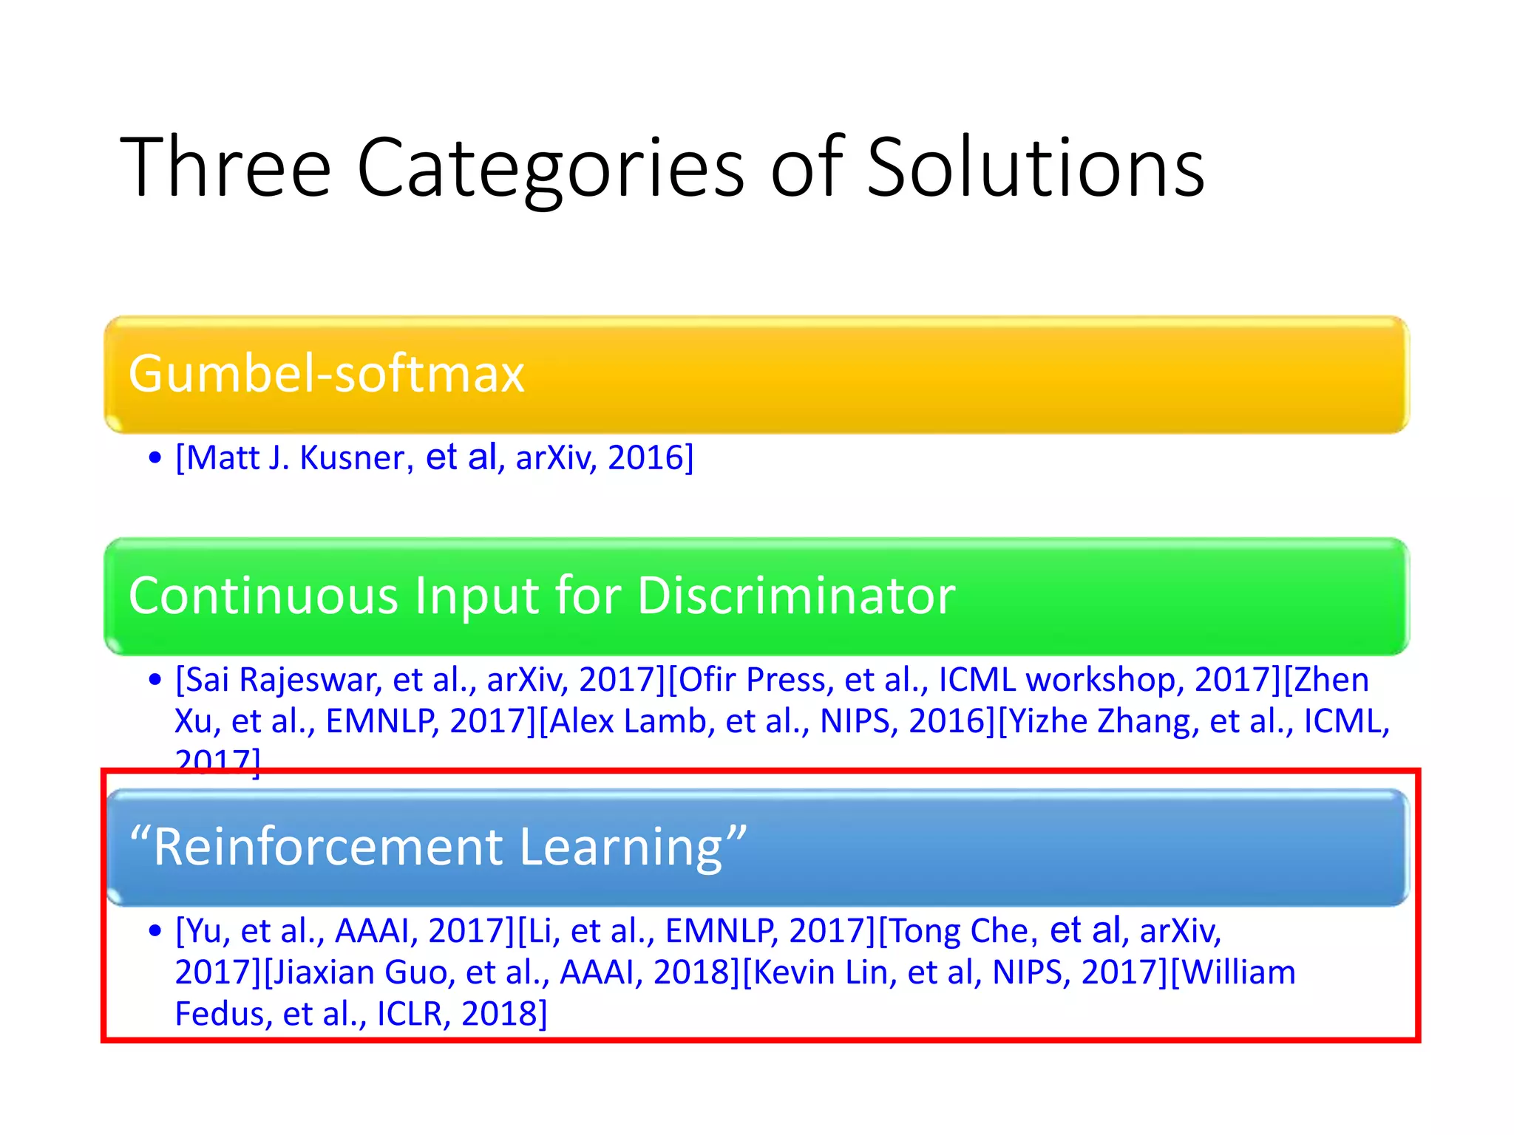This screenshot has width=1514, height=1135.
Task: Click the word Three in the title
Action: click(x=225, y=168)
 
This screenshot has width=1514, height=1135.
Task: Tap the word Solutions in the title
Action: click(x=1035, y=168)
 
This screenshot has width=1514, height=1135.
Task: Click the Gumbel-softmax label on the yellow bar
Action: click(x=326, y=373)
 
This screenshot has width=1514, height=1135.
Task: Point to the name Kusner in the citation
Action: click(x=353, y=458)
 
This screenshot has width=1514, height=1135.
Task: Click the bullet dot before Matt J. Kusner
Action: click(x=155, y=458)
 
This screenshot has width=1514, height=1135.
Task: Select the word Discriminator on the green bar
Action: click(x=796, y=595)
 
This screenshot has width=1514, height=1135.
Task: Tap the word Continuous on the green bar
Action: click(x=263, y=595)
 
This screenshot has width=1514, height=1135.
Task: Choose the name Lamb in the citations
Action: click(x=669, y=721)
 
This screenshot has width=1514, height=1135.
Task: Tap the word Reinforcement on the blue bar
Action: click(x=329, y=847)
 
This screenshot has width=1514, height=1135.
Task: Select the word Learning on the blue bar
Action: click(x=621, y=847)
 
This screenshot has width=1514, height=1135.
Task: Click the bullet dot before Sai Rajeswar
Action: click(x=155, y=680)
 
